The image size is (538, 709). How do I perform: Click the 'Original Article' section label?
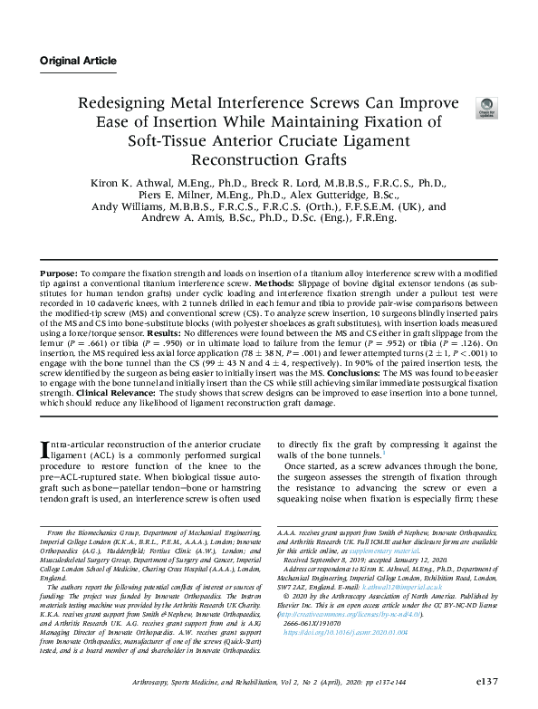coord(78,62)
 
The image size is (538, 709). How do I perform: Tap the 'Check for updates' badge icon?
coord(487,108)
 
